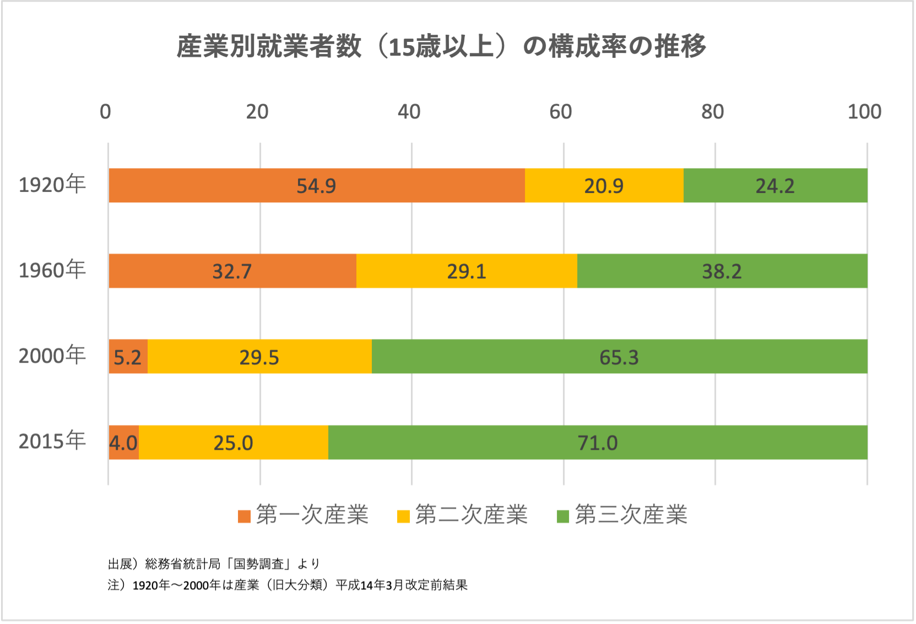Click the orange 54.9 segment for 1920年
tap(316, 186)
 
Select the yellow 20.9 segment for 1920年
tap(604, 186)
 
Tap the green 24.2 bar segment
tap(775, 186)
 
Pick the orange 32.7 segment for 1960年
tap(232, 271)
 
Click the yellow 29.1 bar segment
tap(467, 271)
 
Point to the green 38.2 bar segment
tap(722, 271)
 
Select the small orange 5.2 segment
tap(128, 357)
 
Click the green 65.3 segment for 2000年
tap(619, 357)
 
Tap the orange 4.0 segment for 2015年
tap(123, 443)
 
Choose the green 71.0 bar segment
tap(598, 443)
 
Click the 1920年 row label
tap(52, 185)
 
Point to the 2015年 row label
tap(52, 441)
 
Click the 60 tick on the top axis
tap(561, 112)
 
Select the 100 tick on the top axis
tap(864, 112)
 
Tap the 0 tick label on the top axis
tap(105, 112)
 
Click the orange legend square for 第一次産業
tap(244, 517)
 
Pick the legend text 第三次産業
tap(631, 515)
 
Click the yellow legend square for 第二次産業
tap(404, 517)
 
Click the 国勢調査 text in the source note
tap(258, 564)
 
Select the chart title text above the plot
tap(441, 46)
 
